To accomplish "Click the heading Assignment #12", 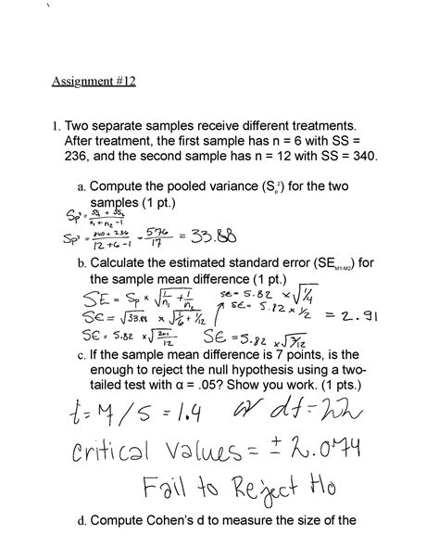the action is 94,82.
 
